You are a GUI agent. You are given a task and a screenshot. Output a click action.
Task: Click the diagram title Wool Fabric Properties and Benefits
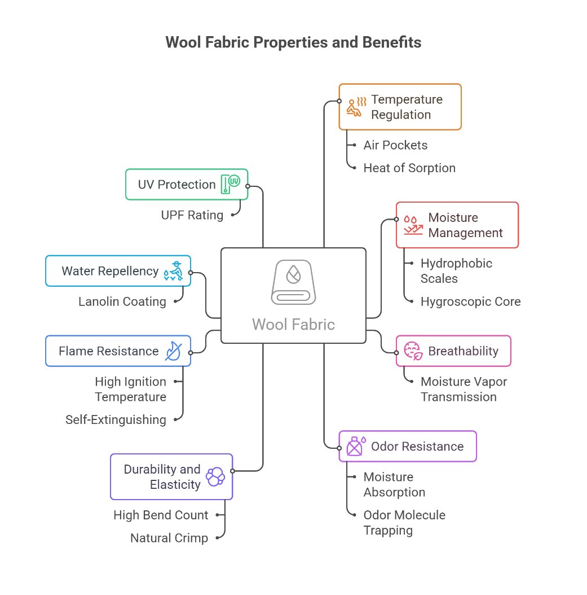coord(293,42)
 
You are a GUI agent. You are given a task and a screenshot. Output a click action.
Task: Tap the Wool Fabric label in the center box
coord(293,325)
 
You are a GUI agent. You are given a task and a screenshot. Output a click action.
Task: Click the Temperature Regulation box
coord(400,107)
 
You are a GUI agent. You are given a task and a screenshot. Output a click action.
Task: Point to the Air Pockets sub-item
coord(395,145)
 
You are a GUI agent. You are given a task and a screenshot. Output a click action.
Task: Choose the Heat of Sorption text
coord(409,168)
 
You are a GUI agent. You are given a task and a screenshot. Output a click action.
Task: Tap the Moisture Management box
coord(457,225)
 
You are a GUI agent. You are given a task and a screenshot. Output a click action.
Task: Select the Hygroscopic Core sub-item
coord(470,301)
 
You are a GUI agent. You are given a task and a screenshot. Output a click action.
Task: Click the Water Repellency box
coord(118,271)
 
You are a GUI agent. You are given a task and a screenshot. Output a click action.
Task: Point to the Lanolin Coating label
coord(122,301)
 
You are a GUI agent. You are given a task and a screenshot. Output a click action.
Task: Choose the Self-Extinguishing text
coord(116,419)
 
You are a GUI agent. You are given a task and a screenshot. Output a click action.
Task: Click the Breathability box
coord(453,351)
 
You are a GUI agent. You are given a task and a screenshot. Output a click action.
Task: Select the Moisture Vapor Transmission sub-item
coord(464,389)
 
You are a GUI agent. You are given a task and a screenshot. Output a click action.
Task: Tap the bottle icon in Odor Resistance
coord(355,447)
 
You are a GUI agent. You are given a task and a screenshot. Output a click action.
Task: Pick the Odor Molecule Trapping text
coord(404,523)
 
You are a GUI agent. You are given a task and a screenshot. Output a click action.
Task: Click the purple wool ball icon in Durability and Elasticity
coord(215,476)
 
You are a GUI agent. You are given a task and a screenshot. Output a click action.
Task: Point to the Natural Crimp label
coord(169,538)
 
